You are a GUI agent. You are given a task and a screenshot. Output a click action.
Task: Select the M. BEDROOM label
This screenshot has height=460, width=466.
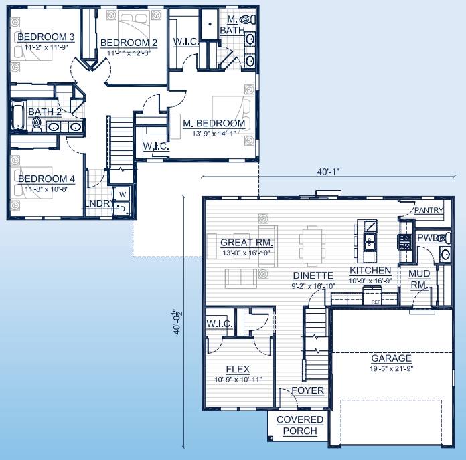coord(214,123)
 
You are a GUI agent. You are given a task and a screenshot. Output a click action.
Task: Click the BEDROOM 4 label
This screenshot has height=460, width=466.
coord(46,179)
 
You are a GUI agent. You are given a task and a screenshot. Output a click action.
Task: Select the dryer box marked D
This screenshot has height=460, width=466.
coord(123,209)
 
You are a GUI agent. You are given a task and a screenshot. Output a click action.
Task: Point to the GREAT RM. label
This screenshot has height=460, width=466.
coord(246,242)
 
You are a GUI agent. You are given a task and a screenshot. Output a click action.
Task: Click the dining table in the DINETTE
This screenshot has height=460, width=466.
coord(312,243)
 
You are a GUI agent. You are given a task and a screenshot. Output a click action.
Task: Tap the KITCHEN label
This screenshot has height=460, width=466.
coord(370,271)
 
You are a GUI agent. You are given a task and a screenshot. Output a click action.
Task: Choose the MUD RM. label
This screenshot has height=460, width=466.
coord(418,279)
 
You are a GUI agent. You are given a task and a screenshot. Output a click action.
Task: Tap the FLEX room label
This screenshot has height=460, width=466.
coord(238,369)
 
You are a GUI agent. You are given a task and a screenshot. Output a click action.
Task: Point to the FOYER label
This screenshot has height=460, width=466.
coord(308,390)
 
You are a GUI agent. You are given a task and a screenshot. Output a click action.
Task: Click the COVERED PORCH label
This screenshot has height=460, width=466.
coord(299,425)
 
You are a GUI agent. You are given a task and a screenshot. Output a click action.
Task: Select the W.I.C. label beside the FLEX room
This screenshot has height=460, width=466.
coord(220,324)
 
